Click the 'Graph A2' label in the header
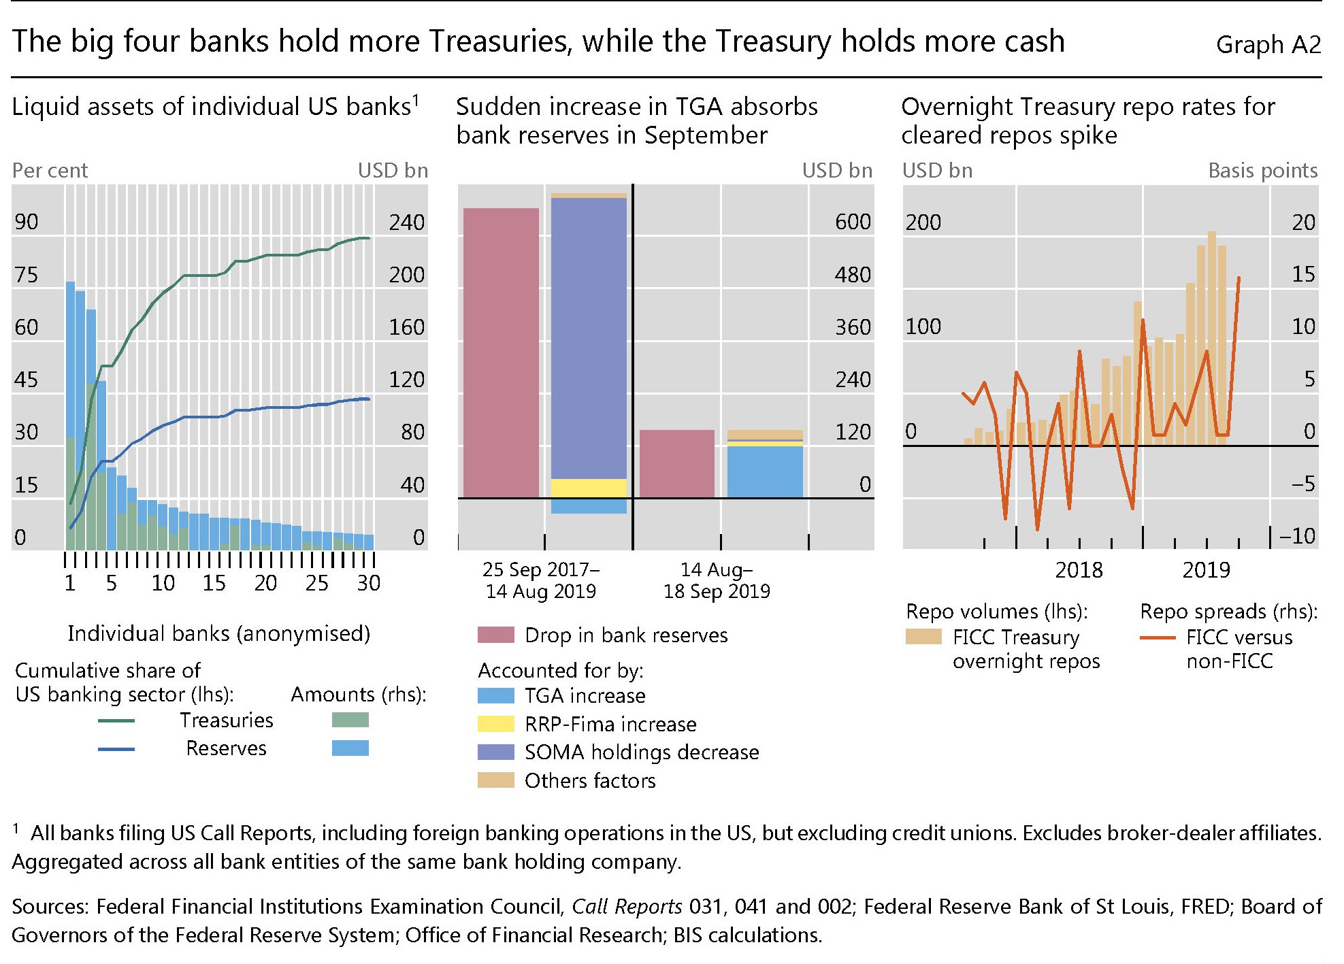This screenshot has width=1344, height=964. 1268,45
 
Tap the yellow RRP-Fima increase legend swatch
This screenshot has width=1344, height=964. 495,724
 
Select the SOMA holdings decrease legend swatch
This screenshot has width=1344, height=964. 495,752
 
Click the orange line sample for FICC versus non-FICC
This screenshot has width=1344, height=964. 1157,638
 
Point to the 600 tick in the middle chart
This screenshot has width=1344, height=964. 853,222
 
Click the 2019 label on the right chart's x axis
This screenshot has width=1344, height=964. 1206,569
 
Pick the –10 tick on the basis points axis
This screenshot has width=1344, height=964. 1297,536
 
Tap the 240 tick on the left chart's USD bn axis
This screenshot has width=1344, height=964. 406,222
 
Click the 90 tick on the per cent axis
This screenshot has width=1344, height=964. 27,222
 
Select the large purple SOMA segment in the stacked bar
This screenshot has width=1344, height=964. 589,338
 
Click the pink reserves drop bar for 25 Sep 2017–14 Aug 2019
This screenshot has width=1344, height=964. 501,352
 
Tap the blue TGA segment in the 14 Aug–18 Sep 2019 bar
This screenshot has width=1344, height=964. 765,471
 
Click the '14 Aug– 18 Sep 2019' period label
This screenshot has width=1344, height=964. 717,580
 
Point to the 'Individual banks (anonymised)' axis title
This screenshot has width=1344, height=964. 218,633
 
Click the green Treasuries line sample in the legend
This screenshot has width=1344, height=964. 116,720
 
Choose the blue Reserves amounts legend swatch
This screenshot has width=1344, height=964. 350,748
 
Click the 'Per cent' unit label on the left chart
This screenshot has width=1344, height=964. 50,170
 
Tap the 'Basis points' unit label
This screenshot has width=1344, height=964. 1262,170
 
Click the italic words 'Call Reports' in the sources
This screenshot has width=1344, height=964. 626,906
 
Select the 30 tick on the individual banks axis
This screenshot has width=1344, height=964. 369,583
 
